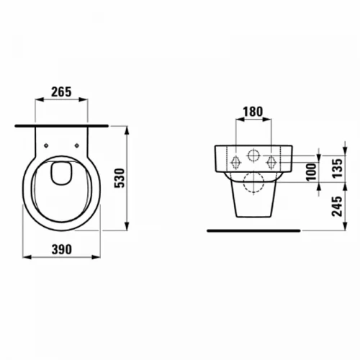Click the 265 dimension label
click(x=61, y=92)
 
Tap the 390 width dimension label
click(x=62, y=249)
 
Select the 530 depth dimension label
click(x=120, y=178)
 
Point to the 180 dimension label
click(x=253, y=112)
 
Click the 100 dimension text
click(x=312, y=172)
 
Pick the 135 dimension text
click(x=338, y=168)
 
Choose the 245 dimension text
click(x=337, y=207)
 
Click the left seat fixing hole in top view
click(x=46, y=145)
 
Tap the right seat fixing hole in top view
click(x=77, y=145)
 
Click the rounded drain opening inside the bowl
click(x=62, y=174)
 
